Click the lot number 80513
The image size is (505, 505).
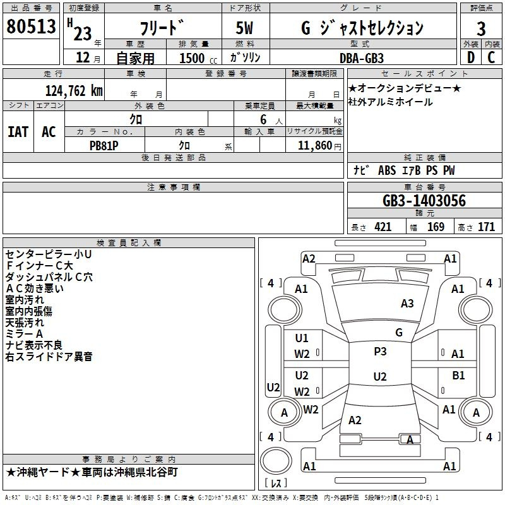click(x=31, y=26)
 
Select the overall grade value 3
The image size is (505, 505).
click(x=481, y=28)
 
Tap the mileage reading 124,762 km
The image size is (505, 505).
click(x=74, y=90)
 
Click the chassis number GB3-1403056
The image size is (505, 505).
click(x=424, y=200)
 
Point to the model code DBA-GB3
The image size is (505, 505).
click(x=361, y=58)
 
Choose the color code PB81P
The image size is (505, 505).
click(x=104, y=146)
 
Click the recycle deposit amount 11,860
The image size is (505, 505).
click(x=314, y=145)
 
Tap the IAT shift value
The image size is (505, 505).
click(x=18, y=131)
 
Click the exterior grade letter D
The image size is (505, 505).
click(x=470, y=57)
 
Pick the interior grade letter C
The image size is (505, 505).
click(x=491, y=57)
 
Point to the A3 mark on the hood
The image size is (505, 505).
click(x=407, y=303)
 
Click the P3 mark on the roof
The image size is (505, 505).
click(x=380, y=351)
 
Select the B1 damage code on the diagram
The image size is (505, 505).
click(x=458, y=375)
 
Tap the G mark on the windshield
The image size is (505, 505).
click(x=399, y=332)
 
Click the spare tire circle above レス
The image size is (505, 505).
click(x=276, y=460)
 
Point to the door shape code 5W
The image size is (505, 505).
click(x=244, y=28)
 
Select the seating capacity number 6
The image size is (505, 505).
click(x=263, y=119)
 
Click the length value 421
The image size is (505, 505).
click(x=383, y=227)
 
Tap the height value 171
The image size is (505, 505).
click(x=486, y=227)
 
